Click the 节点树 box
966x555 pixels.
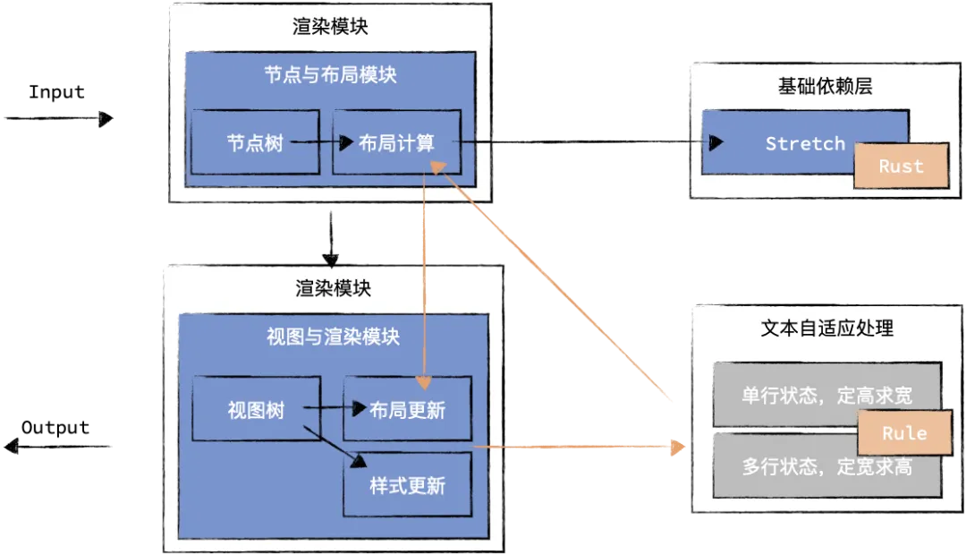tap(256, 142)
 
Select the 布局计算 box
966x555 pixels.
tap(397, 142)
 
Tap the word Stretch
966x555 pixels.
tap(805, 143)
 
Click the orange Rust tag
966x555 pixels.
tap(901, 166)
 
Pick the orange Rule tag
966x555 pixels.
tap(903, 433)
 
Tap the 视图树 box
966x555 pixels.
tap(256, 410)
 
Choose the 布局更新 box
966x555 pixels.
tap(408, 410)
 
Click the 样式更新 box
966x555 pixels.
tap(408, 486)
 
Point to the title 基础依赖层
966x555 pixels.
tap(825, 87)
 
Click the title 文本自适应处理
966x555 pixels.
tap(826, 329)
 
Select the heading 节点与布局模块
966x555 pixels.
tap(330, 75)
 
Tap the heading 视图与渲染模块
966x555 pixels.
tap(333, 337)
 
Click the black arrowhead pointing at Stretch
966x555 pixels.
tap(715, 142)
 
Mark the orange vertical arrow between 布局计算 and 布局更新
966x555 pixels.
tap(424, 286)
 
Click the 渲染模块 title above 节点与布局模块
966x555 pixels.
tap(330, 27)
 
